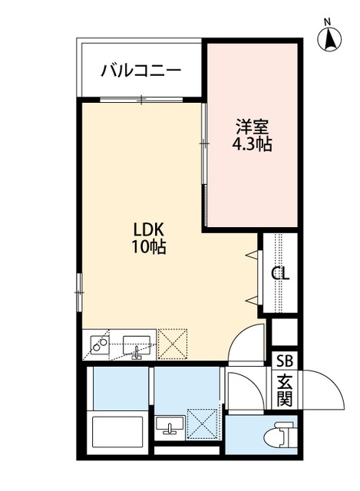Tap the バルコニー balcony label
point(141,71)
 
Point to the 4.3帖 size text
point(253,143)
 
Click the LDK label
point(150,230)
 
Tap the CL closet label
point(280,272)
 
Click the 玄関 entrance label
point(284,390)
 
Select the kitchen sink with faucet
point(137,345)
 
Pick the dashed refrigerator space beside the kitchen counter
point(173,344)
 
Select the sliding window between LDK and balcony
point(142,99)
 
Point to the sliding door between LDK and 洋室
point(204,143)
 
